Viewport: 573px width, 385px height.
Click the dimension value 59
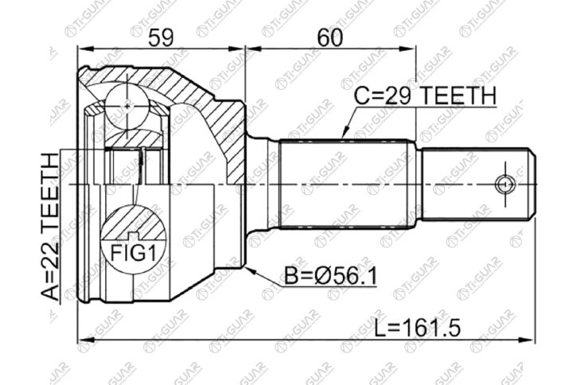click(161, 37)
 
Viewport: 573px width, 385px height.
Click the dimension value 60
click(330, 37)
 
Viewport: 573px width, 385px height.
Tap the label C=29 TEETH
click(425, 95)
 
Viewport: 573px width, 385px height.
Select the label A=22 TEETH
click(49, 226)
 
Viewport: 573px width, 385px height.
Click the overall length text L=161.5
click(418, 328)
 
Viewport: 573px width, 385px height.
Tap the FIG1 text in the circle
click(134, 253)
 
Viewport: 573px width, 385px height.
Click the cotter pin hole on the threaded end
click(505, 184)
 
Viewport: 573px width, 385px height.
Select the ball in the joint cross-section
click(127, 107)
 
